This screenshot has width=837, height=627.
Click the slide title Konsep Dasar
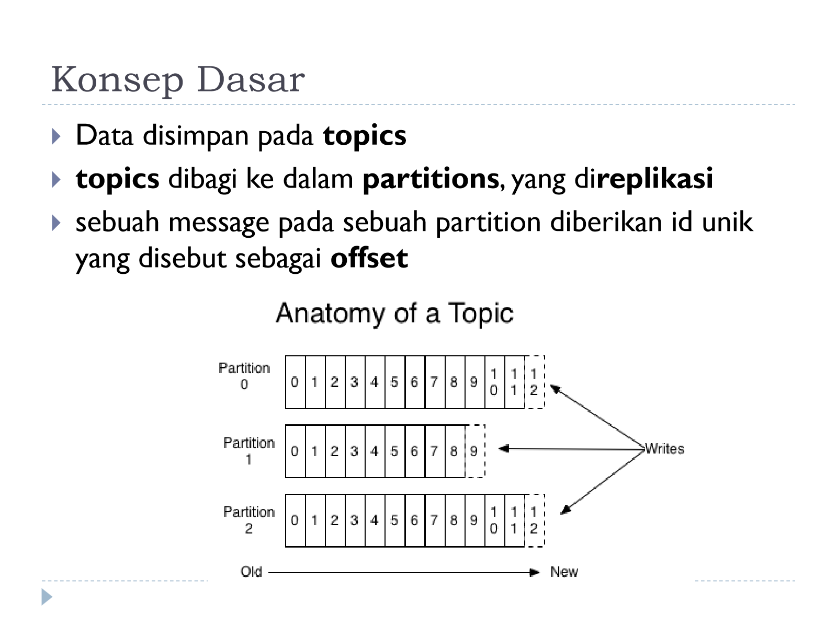178,79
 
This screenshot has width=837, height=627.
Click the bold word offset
369,258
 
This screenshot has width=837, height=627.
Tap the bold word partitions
431,179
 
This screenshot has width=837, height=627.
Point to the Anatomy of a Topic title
394,313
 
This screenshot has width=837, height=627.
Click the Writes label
664,449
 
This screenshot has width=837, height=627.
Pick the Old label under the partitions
251,572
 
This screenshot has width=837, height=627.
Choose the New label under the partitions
564,572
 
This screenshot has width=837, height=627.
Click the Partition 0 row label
244,376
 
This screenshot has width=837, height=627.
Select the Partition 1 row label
248,451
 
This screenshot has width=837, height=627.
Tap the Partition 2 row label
248,520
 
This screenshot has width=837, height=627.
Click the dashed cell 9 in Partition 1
475,451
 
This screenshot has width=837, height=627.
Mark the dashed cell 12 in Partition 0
534,382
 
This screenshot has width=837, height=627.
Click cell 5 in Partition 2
394,520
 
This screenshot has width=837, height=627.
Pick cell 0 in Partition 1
295,451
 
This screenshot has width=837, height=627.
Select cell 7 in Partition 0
435,382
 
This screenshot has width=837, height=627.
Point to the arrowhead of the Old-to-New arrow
535,572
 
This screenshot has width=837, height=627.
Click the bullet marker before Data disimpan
56,136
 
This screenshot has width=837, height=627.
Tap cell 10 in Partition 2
494,520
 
